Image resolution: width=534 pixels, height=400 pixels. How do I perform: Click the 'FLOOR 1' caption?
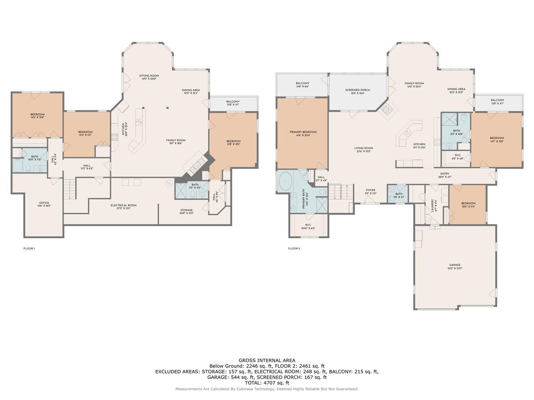coord(29,248)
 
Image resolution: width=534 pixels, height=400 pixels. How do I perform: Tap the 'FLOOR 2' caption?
coord(294,248)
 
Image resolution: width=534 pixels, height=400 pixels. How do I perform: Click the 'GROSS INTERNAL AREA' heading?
coord(267,360)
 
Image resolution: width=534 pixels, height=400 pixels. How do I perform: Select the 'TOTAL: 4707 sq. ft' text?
coord(267,382)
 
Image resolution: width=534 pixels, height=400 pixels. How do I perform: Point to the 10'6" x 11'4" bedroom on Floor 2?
coord(468,205)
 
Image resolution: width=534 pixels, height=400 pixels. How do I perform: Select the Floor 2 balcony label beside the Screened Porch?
coord(303,85)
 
